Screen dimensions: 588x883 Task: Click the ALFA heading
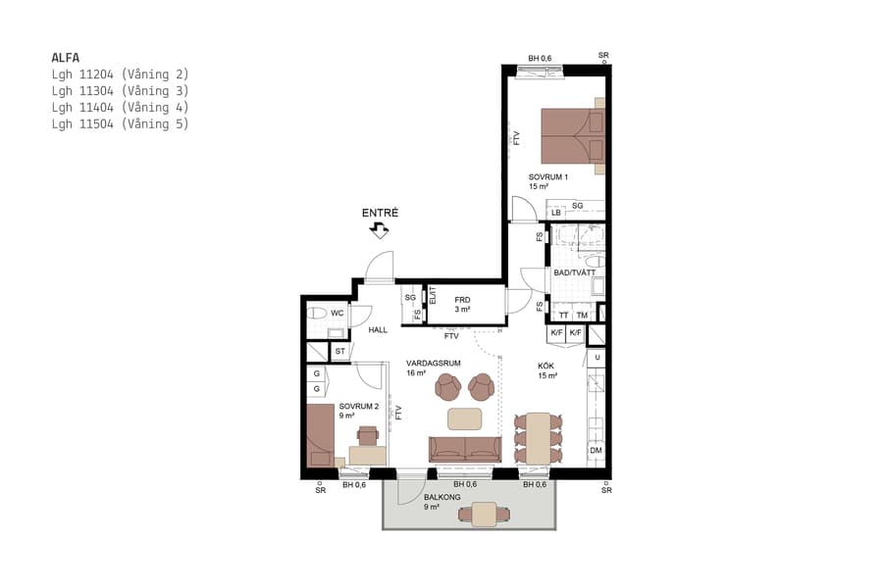(x=65, y=57)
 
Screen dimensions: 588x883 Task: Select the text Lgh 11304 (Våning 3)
(x=119, y=90)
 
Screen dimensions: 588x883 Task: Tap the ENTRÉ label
(x=380, y=213)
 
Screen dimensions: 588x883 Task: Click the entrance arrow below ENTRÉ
(x=379, y=230)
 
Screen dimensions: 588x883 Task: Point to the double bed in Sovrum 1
(x=573, y=135)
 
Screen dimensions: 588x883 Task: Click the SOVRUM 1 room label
(x=547, y=181)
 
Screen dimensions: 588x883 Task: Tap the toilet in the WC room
(x=317, y=314)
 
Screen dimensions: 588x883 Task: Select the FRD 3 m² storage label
(x=462, y=305)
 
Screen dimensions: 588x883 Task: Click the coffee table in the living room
(x=466, y=418)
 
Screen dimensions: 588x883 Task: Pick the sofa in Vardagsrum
(x=465, y=449)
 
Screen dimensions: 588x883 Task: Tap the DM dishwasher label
(x=596, y=451)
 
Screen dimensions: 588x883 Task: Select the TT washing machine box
(x=562, y=315)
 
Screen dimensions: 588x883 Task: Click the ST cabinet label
(x=340, y=351)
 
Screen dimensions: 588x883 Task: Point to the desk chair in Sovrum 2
(x=368, y=434)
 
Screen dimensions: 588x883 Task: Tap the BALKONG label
(x=442, y=497)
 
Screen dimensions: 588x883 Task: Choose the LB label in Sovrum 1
(x=555, y=213)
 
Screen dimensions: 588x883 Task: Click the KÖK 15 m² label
(x=546, y=370)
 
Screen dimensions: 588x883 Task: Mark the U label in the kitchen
(x=596, y=358)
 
